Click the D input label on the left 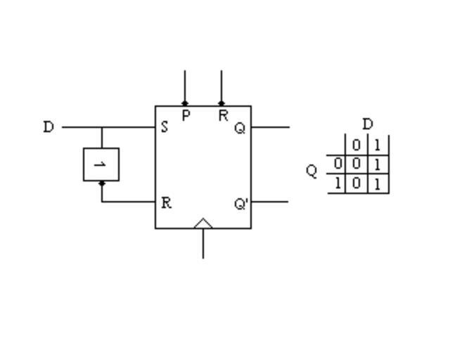tap(48, 127)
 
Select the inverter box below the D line tap(101, 165)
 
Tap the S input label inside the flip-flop tap(165, 128)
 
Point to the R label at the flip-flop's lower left tap(166, 202)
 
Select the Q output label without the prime tap(240, 129)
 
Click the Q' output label tap(241, 204)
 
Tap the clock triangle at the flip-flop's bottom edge tap(203, 224)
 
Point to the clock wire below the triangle tap(203, 244)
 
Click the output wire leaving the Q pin tap(271, 127)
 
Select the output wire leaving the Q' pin tap(271, 202)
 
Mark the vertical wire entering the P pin tap(185, 86)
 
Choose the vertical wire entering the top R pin tap(221, 86)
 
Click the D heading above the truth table tap(368, 124)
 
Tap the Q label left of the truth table tap(312, 171)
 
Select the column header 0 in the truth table tap(356, 146)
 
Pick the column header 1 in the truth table tap(378, 146)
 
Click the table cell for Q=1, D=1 tap(378, 184)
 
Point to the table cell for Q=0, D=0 tap(356, 165)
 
